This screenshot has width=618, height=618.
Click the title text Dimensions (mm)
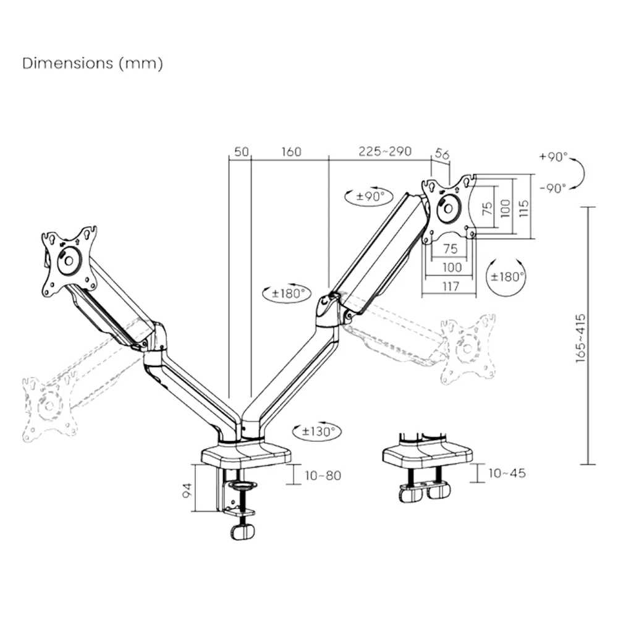click(x=93, y=63)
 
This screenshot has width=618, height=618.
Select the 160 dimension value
click(x=291, y=152)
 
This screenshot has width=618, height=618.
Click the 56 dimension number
click(x=442, y=154)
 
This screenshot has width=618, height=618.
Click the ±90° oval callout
click(x=368, y=197)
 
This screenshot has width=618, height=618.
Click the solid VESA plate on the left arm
click(x=69, y=259)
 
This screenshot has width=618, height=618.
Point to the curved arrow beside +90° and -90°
click(x=580, y=172)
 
